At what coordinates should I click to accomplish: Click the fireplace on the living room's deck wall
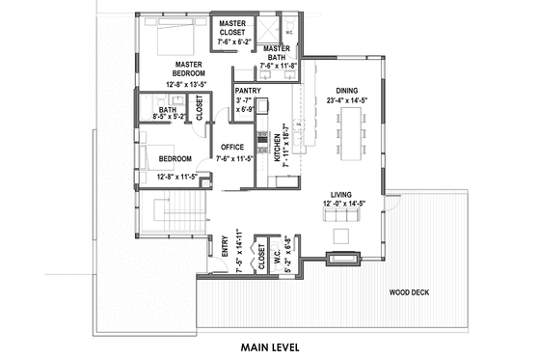pos(342,258)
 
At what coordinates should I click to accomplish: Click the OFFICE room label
pos(231,147)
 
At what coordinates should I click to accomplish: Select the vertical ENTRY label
pos(224,247)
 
